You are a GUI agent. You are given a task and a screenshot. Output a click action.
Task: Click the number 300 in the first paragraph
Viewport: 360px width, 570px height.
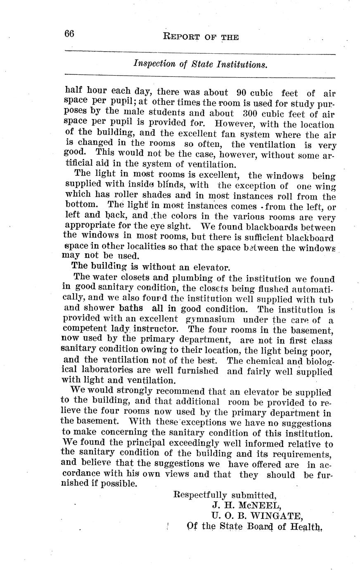[240, 113]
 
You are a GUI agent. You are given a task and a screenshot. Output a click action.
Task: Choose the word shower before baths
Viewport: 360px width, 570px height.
[100, 309]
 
